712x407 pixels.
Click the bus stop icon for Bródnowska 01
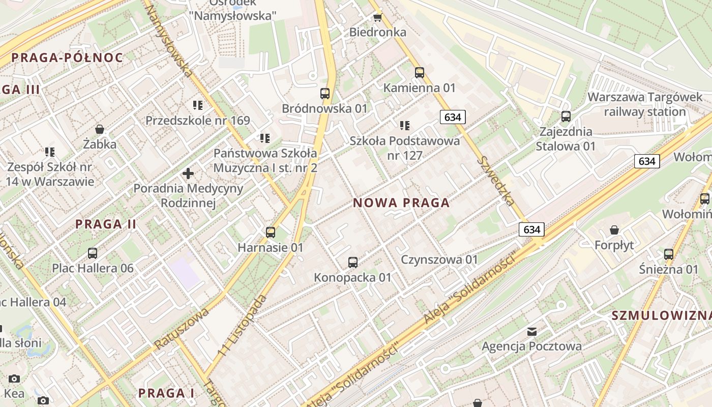(325, 94)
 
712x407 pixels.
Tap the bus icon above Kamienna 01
(420, 73)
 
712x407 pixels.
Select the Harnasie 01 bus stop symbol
(271, 232)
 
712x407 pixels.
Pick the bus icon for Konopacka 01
(353, 263)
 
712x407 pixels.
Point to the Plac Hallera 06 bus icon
(93, 253)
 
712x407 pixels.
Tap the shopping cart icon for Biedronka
(377, 18)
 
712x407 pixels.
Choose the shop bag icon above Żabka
(100, 129)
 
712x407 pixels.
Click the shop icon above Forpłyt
(614, 230)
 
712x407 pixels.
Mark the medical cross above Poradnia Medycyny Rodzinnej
(188, 173)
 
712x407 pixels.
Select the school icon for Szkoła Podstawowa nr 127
(405, 126)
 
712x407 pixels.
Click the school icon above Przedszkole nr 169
(198, 105)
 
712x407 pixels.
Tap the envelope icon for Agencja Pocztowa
(531, 332)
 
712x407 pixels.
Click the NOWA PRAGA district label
(401, 203)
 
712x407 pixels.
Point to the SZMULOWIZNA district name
(661, 315)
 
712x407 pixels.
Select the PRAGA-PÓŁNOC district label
(67, 57)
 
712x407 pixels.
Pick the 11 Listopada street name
(242, 325)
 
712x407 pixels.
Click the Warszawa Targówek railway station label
(645, 104)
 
